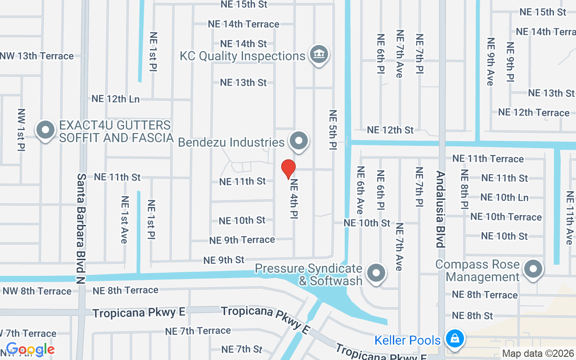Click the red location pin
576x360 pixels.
[x=288, y=169]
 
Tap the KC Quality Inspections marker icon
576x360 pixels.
[x=319, y=54]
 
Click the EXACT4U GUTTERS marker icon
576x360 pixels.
[x=45, y=130]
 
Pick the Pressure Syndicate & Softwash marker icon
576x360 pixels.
[x=376, y=273]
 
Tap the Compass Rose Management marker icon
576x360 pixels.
[x=533, y=270]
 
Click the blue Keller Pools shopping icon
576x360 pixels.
[x=454, y=338]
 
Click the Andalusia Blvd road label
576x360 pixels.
[x=440, y=209]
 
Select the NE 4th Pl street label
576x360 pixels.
[x=294, y=199]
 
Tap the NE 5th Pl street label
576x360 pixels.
[x=333, y=133]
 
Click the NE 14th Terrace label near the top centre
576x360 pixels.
[x=243, y=24]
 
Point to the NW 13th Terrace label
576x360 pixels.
[x=37, y=56]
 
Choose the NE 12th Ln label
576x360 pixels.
[x=116, y=99]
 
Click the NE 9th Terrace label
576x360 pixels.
[x=242, y=240]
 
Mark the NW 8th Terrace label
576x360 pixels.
[x=37, y=291]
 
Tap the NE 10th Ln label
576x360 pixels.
[x=504, y=198]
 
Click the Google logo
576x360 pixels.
[x=30, y=349]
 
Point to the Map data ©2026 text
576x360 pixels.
[x=538, y=354]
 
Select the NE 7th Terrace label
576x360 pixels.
[x=198, y=331]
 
